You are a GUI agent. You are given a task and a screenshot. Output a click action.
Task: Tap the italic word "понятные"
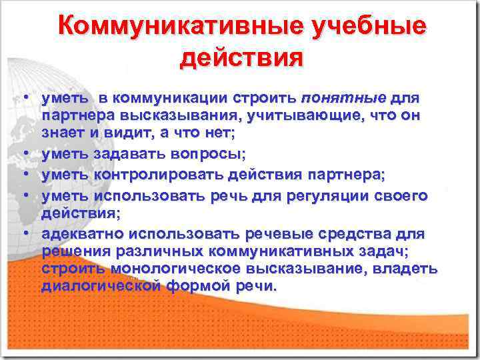click(343, 99)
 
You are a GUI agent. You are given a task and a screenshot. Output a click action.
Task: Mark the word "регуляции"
click(311, 196)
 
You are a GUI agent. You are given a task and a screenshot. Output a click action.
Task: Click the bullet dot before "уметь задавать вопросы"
click(23, 155)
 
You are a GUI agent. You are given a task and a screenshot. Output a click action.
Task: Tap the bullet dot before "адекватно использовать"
click(23, 235)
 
